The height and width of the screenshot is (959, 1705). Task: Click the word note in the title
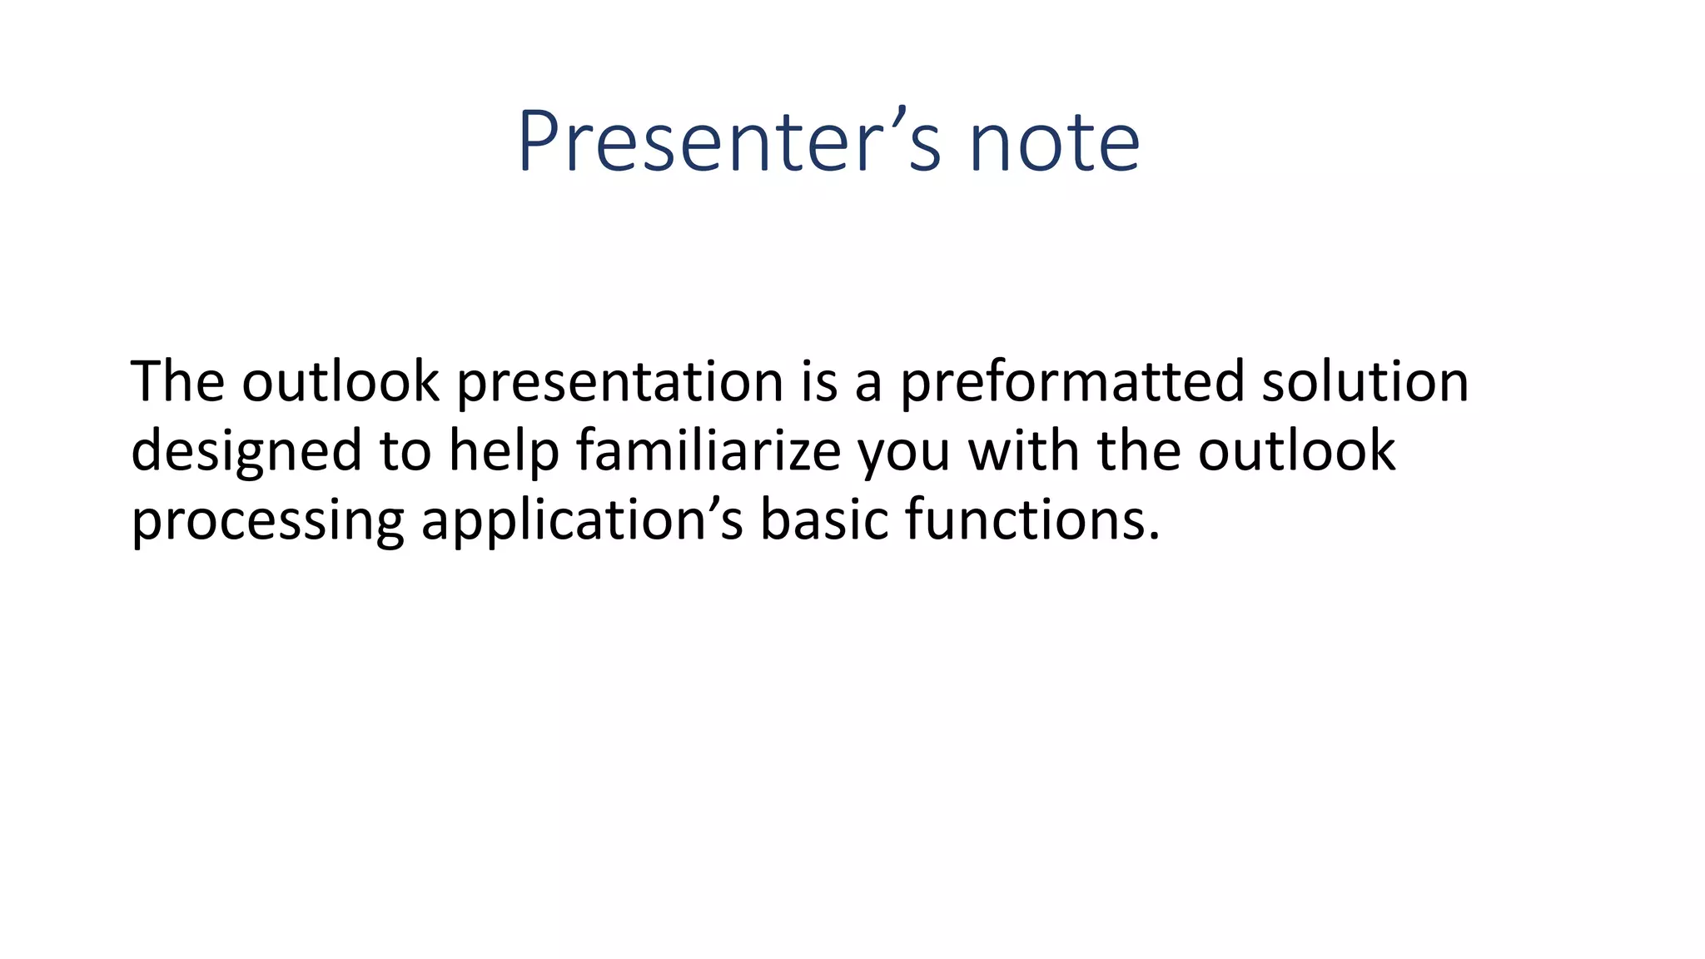(1054, 143)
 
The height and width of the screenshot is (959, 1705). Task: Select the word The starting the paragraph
(177, 381)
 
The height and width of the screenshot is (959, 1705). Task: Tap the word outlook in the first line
(340, 381)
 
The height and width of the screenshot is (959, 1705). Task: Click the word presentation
(620, 383)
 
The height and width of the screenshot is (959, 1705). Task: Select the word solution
(1364, 381)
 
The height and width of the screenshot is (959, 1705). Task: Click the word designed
(246, 452)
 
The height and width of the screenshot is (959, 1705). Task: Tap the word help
(503, 452)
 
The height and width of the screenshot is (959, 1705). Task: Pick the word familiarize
(708, 450)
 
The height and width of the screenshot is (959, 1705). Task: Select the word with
(1023, 450)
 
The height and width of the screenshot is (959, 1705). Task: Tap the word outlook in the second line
(1296, 450)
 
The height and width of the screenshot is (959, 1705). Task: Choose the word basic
(824, 519)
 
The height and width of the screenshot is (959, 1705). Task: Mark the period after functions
(1153, 537)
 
